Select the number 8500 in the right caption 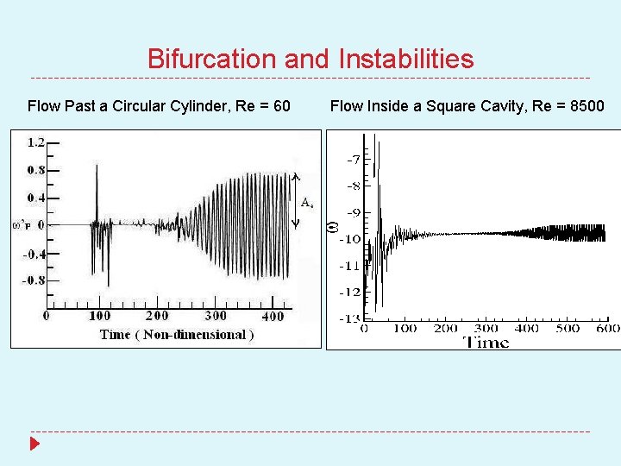[585, 106]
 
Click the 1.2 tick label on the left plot [36, 142]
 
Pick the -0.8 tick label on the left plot [34, 280]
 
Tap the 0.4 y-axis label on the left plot [36, 198]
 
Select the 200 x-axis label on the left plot [156, 317]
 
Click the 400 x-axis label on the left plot [273, 317]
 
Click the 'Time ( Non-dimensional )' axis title [177, 335]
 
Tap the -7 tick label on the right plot [355, 160]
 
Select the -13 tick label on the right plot [349, 319]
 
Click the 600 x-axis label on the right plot [608, 328]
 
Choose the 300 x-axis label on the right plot [486, 328]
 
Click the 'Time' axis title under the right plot [487, 342]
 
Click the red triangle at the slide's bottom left [34, 444]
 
